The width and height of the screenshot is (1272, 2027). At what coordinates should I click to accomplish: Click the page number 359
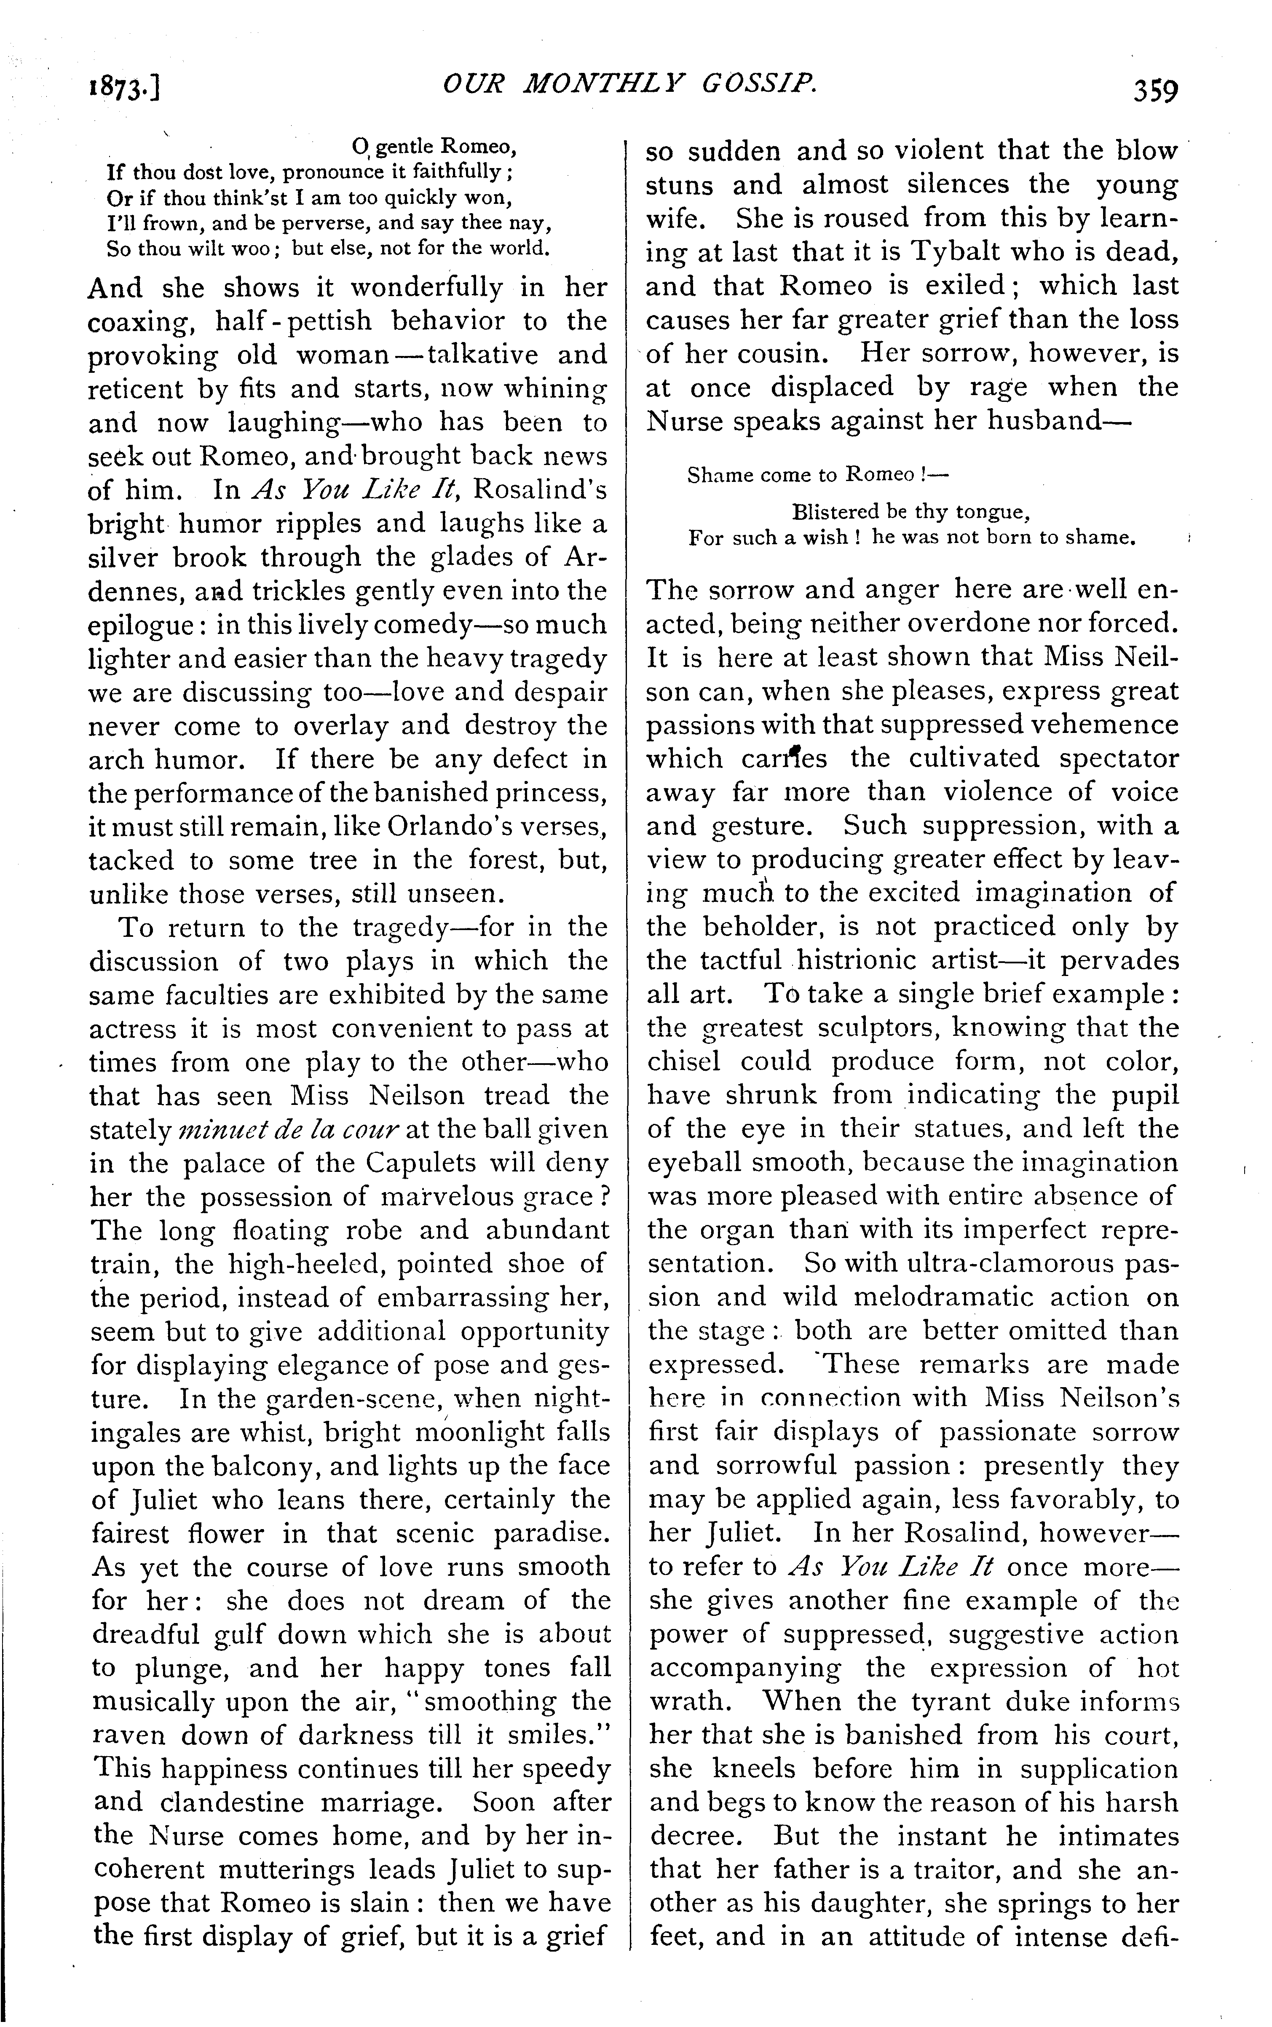(1154, 88)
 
